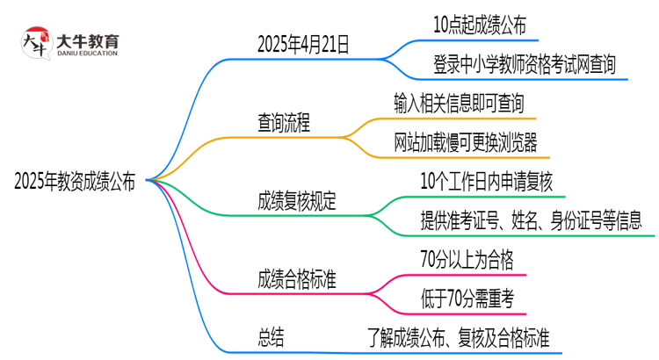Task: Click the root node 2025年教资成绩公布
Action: pos(75,182)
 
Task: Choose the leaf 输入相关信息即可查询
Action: pos(460,104)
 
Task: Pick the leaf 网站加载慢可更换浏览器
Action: pos(466,142)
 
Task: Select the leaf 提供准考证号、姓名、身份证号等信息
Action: pos(531,220)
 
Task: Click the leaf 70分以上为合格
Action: pos(467,259)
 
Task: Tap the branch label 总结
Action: pos(270,337)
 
